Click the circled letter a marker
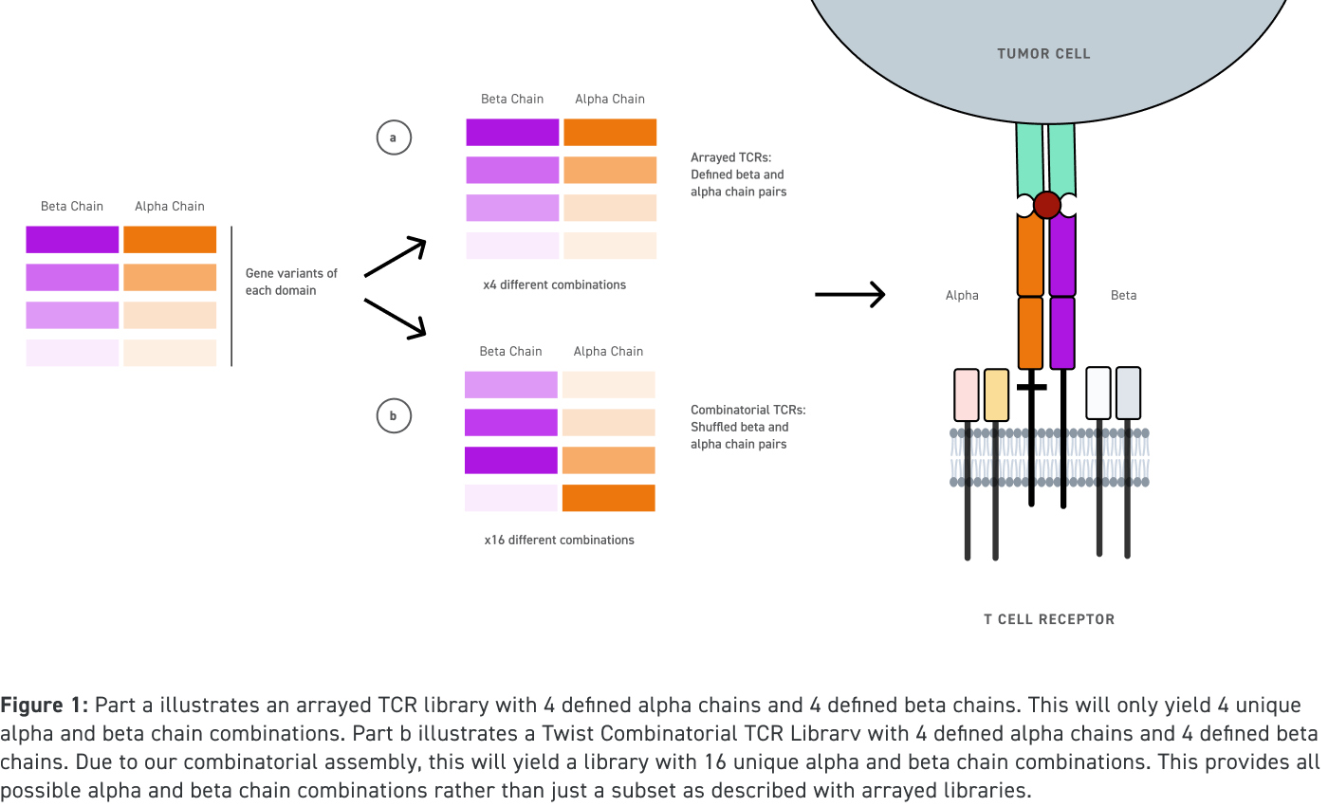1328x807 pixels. coord(393,138)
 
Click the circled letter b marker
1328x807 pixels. coord(393,415)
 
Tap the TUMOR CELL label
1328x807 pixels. coord(1043,54)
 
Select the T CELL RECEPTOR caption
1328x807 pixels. coord(1048,619)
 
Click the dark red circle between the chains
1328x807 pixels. coord(1046,205)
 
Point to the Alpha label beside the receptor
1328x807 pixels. coord(961,295)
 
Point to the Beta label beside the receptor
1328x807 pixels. coord(1123,295)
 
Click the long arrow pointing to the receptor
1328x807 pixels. coord(850,295)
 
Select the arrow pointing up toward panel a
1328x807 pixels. coord(396,257)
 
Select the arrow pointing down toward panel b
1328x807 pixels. coord(396,318)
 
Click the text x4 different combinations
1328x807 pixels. coord(555,284)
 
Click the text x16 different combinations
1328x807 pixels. coord(559,540)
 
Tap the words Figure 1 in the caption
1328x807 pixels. coord(44,706)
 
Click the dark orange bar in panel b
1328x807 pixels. coord(608,498)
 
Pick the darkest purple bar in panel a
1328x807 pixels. coord(512,132)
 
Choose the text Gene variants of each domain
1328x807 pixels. coord(291,282)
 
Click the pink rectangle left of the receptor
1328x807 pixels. coord(966,394)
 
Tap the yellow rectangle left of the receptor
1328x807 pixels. coord(996,394)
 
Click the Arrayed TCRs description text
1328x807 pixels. coord(737,174)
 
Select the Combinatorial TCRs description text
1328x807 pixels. coord(747,427)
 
